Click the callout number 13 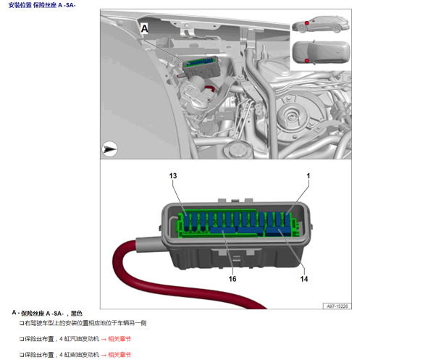(172, 176)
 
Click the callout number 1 (308, 176)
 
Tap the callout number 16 (232, 279)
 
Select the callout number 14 (304, 279)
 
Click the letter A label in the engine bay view (144, 29)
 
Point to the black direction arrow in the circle (109, 149)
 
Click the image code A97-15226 (337, 306)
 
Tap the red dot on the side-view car (306, 23)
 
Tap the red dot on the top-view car (306, 61)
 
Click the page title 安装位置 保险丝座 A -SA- (42, 5)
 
